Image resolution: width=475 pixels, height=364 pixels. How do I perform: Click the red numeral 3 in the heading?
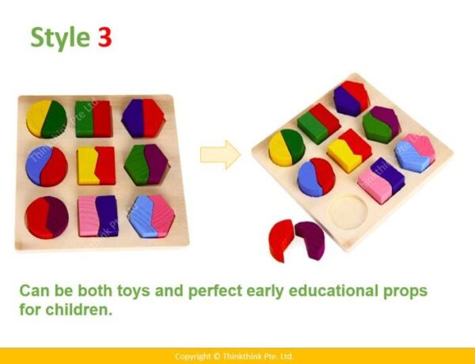point(104,37)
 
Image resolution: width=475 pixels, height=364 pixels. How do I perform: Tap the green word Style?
point(60,38)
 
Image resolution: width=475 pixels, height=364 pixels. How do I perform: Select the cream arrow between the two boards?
point(220,154)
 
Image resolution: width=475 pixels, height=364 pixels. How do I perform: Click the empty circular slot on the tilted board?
point(348,211)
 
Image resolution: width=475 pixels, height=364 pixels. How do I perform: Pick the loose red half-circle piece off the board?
point(280,240)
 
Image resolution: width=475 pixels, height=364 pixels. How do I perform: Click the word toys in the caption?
point(133,291)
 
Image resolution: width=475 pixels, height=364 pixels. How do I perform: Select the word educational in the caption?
point(333,290)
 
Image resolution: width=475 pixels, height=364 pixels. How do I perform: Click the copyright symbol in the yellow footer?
point(216,356)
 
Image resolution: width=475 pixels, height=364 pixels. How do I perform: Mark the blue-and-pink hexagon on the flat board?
point(151,216)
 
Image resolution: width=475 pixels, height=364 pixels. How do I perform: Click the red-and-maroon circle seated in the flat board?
point(47,218)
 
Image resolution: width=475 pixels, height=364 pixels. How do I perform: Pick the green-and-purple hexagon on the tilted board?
point(382,124)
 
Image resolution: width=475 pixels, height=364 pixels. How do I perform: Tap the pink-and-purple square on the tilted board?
point(381,180)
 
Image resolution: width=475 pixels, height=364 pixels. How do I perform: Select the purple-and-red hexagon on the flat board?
point(143,118)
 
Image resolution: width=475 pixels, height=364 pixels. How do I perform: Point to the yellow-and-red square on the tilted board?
point(349,150)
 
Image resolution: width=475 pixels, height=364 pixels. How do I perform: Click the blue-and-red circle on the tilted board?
point(316,177)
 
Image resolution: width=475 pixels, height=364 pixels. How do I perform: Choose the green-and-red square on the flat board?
point(94,119)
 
